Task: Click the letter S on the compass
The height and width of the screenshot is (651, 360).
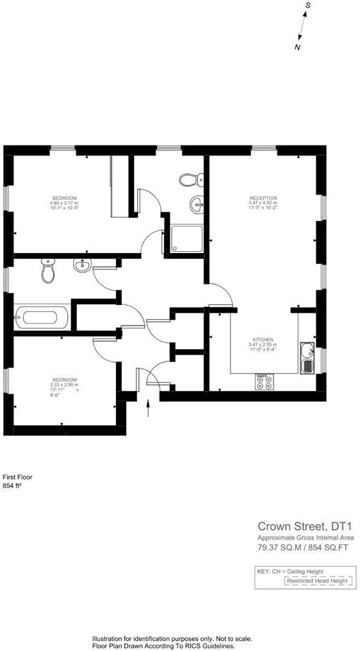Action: coord(308,5)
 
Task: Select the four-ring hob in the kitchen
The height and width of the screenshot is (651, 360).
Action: coord(263,382)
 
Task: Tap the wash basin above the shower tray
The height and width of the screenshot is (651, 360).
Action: coord(197,205)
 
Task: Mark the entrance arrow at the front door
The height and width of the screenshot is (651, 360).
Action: coord(149,408)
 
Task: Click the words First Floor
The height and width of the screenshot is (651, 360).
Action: coord(17,477)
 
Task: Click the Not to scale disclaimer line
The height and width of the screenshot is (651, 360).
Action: coord(172,639)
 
